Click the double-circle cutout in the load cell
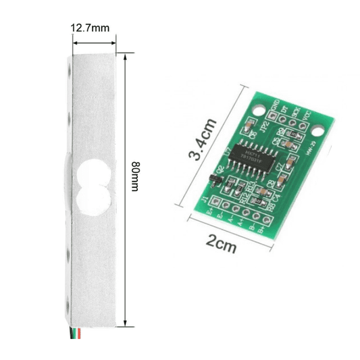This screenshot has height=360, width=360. click(91, 183)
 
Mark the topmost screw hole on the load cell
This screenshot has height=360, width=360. click(69, 68)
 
